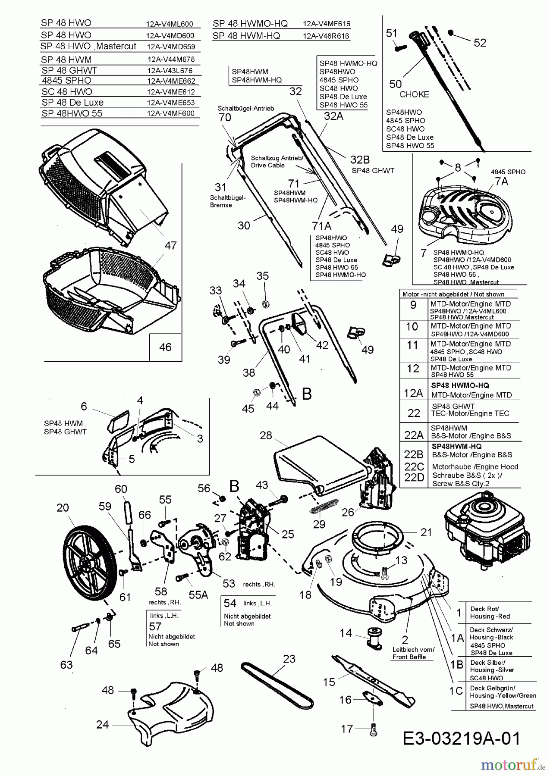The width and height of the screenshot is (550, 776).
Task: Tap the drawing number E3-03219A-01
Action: [x=461, y=738]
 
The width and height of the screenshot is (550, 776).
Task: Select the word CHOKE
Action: [x=414, y=94]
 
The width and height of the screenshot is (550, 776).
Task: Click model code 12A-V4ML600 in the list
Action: [x=170, y=25]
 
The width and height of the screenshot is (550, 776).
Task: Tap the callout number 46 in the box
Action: [x=165, y=347]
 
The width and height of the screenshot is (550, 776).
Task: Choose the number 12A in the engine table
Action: [x=413, y=393]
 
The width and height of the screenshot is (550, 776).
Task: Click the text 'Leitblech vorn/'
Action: [x=413, y=649]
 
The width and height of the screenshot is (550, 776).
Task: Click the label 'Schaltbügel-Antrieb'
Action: [x=245, y=109]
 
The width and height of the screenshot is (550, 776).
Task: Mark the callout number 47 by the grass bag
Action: [x=170, y=245]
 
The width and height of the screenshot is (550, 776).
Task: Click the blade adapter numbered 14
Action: [x=374, y=638]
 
